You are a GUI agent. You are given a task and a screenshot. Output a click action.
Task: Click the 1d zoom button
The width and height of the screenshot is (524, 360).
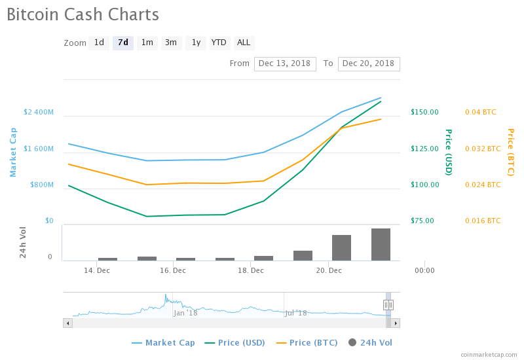pyautogui.click(x=99, y=43)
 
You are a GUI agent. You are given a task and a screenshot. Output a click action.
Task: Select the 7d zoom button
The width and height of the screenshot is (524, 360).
pyautogui.click(x=123, y=43)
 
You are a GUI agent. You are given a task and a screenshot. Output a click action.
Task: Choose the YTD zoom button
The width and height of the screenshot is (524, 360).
pyautogui.click(x=219, y=43)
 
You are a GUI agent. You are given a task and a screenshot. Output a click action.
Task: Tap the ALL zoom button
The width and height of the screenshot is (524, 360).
pyautogui.click(x=244, y=43)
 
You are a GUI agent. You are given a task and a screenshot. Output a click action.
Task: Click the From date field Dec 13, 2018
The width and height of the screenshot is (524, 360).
pyautogui.click(x=286, y=63)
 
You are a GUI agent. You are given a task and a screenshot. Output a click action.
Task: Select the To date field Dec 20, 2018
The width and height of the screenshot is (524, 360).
pyautogui.click(x=369, y=63)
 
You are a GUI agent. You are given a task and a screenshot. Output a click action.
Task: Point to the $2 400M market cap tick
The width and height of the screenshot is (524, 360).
pyautogui.click(x=39, y=112)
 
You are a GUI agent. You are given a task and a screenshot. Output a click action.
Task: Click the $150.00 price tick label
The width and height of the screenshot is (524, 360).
pyautogui.click(x=424, y=112)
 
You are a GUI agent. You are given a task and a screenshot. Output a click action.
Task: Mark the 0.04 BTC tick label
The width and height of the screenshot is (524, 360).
pyautogui.click(x=481, y=112)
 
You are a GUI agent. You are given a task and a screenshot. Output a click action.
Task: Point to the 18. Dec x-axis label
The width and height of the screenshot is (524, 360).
pyautogui.click(x=251, y=270)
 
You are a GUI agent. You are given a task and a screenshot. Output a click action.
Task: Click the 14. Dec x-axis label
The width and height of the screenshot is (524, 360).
pyautogui.click(x=97, y=270)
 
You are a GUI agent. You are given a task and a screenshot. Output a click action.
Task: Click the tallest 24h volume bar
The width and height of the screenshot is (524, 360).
pyautogui.click(x=381, y=244)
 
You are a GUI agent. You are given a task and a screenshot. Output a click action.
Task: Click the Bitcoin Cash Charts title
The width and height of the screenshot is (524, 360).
pyautogui.click(x=83, y=14)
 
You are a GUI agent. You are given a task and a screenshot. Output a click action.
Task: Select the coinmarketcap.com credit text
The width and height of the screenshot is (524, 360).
pyautogui.click(x=489, y=354)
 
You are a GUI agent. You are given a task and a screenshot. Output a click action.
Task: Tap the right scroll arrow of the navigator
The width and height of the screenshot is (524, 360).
pyautogui.click(x=396, y=323)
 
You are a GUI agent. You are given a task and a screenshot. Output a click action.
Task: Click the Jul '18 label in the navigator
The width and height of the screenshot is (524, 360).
pyautogui.click(x=296, y=313)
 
